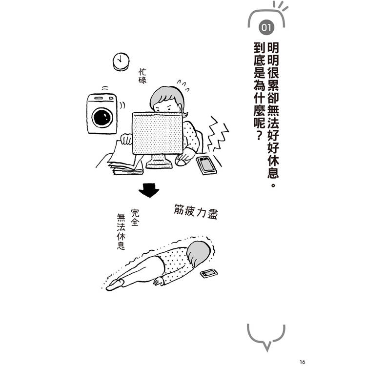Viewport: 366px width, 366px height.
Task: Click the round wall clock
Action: pyautogui.click(x=121, y=61)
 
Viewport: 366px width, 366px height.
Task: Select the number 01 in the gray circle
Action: pyautogui.click(x=266, y=28)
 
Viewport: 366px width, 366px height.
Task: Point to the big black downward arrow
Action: pyautogui.click(x=149, y=190)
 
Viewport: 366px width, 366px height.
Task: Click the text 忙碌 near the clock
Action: pyautogui.click(x=142, y=76)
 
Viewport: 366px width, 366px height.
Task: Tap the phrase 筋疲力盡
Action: pyautogui.click(x=196, y=212)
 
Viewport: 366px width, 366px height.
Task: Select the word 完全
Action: pyautogui.click(x=135, y=218)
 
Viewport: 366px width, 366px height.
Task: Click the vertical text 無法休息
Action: pyautogui.click(x=121, y=232)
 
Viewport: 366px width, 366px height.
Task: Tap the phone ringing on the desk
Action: pyautogui.click(x=206, y=165)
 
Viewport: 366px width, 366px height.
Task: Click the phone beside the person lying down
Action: pyautogui.click(x=209, y=273)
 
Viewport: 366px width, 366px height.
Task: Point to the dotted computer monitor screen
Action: pyautogui.click(x=157, y=133)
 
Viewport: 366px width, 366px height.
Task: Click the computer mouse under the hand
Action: pyautogui.click(x=183, y=161)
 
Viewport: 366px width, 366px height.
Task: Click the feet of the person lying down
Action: pyautogui.click(x=115, y=285)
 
